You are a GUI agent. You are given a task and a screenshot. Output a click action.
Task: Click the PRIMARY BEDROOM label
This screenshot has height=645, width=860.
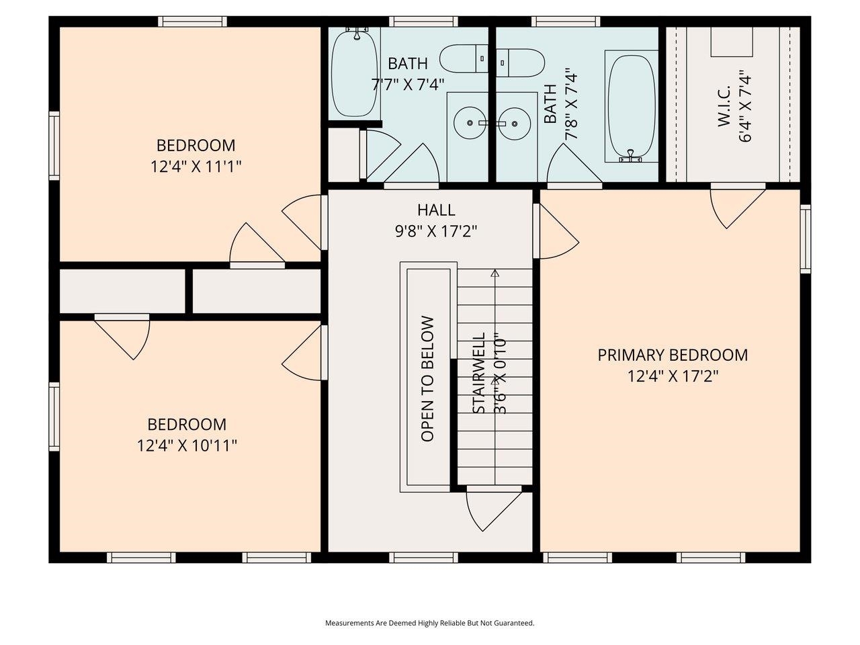tap(673, 355)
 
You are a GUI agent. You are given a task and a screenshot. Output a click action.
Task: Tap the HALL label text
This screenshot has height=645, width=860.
tap(436, 210)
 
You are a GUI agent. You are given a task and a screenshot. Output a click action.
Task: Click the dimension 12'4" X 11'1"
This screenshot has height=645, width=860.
tap(196, 167)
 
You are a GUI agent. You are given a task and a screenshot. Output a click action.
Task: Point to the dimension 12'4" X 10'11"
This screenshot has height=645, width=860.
tap(187, 445)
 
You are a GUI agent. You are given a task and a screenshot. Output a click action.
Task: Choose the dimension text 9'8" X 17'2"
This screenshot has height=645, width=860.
tap(436, 232)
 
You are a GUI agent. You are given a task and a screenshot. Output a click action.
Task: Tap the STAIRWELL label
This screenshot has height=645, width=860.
tap(478, 374)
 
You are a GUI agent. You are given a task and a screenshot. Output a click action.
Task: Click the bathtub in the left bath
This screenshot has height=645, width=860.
tap(355, 72)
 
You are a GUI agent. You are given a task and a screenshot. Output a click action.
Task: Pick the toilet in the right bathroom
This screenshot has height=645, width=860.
tap(521, 62)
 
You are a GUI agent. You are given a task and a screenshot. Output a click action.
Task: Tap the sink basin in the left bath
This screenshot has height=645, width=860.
tap(468, 124)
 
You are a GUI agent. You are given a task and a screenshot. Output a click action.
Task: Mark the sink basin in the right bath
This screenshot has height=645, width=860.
tap(515, 124)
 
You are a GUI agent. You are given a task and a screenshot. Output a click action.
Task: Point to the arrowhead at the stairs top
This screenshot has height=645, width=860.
tap(495, 273)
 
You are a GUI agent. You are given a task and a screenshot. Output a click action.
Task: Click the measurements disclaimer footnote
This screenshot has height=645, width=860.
tap(430, 623)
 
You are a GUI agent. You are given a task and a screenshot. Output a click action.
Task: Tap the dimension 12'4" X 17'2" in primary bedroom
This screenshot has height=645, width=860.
tap(673, 376)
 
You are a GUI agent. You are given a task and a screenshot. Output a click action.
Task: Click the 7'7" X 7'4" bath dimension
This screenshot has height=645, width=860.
tap(408, 85)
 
